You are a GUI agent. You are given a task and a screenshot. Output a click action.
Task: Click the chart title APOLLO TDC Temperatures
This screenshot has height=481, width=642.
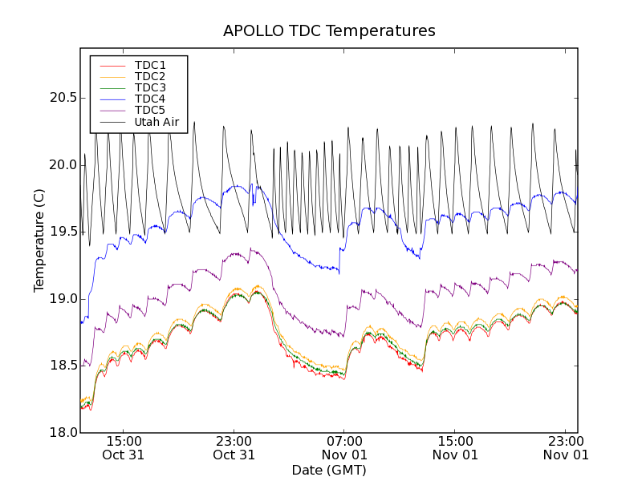coord(329,31)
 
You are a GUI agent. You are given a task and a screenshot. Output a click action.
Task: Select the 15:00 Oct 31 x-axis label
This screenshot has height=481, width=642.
coord(123,447)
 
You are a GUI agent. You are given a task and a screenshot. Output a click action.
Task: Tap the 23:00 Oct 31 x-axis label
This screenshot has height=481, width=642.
coord(234,447)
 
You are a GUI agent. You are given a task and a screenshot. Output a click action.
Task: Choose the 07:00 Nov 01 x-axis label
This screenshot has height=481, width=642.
coord(344,447)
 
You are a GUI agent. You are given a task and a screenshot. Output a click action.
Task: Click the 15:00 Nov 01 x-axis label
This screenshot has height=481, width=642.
coord(455,447)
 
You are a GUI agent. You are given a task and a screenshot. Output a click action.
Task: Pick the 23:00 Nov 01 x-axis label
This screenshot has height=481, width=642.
coord(566,447)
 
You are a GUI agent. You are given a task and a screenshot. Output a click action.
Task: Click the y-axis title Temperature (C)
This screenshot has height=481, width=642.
coord(39,240)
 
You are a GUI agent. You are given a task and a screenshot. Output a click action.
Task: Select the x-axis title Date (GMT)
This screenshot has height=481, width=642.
coord(329,470)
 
